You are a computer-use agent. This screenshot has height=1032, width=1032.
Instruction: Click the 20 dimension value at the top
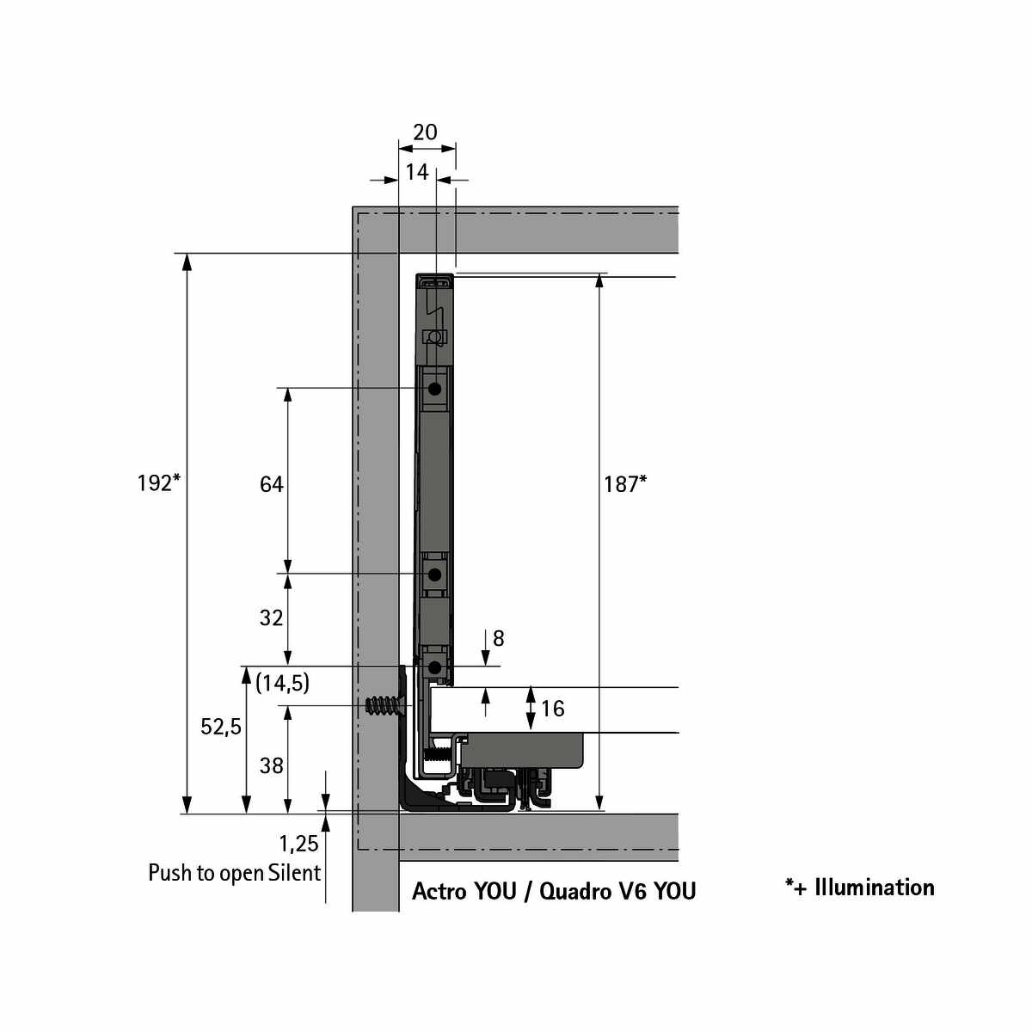coord(425,132)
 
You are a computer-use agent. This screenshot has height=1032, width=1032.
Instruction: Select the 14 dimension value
coord(417,172)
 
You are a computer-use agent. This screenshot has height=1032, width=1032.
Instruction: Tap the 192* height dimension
coord(158,483)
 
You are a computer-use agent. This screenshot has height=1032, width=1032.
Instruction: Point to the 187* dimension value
coord(624,484)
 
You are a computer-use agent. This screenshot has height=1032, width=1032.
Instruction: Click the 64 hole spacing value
coord(272,484)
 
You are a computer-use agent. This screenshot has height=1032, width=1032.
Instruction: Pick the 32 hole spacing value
coord(272,617)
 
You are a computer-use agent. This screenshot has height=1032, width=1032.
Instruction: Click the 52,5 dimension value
coord(221,727)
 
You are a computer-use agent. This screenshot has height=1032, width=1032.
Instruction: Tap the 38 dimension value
coord(272,765)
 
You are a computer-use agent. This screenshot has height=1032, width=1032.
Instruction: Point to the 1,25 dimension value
coord(298,845)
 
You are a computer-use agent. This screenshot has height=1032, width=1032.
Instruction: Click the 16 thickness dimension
coord(552,709)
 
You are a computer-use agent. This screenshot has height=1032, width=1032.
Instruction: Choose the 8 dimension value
coord(499,639)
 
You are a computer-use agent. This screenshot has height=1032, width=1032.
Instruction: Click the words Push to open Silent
coord(234,873)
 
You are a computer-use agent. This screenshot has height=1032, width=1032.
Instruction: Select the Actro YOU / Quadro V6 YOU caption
coord(554,891)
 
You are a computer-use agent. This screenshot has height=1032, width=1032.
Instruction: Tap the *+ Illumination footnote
coord(859,888)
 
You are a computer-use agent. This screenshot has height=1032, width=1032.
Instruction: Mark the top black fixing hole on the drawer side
coord(435,389)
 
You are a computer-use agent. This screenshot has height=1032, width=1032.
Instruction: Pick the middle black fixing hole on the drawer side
coord(435,574)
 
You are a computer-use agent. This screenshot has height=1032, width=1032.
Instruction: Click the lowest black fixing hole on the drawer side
coord(435,667)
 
